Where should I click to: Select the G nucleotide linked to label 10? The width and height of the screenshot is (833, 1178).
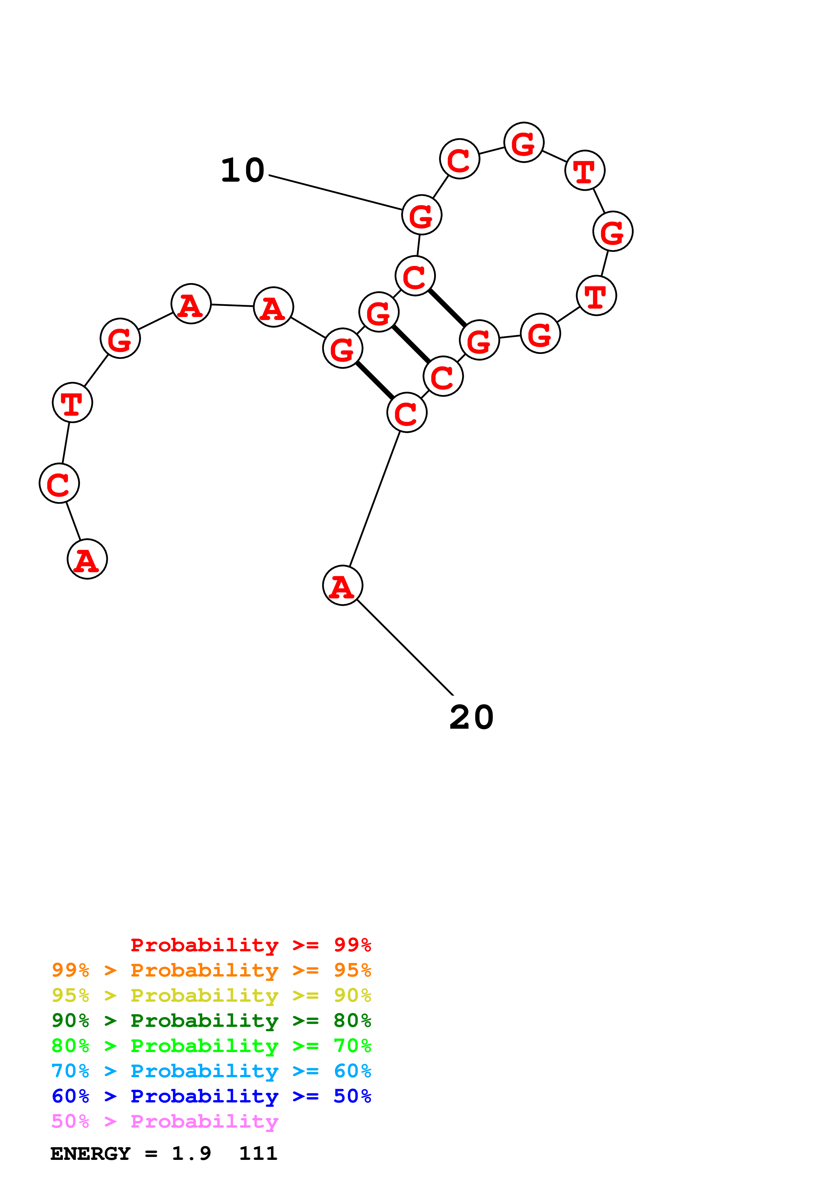421,215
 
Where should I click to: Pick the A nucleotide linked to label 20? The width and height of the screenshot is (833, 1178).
342,585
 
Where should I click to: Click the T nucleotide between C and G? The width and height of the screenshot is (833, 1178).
72,403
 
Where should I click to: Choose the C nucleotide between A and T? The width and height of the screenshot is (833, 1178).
59,483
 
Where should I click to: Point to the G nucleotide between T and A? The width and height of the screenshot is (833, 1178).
120,338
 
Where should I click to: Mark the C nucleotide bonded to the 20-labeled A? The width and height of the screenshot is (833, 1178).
407,412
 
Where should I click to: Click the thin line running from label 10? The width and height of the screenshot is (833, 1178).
335,192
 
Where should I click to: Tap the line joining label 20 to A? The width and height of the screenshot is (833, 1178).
405,647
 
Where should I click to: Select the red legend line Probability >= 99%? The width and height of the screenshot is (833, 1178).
250,945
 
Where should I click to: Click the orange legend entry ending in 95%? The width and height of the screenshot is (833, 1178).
211,970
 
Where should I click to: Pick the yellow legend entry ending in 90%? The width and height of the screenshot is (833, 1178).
211,995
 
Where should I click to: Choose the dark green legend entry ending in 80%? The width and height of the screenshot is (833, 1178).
211,1021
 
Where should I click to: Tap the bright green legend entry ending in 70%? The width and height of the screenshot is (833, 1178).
211,1046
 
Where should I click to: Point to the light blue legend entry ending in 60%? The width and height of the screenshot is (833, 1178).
211,1071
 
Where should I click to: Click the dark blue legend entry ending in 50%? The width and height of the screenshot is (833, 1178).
211,1096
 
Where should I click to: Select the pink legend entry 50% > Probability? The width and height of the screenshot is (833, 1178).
165,1121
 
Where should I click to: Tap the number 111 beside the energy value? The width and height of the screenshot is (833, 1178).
258,1153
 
